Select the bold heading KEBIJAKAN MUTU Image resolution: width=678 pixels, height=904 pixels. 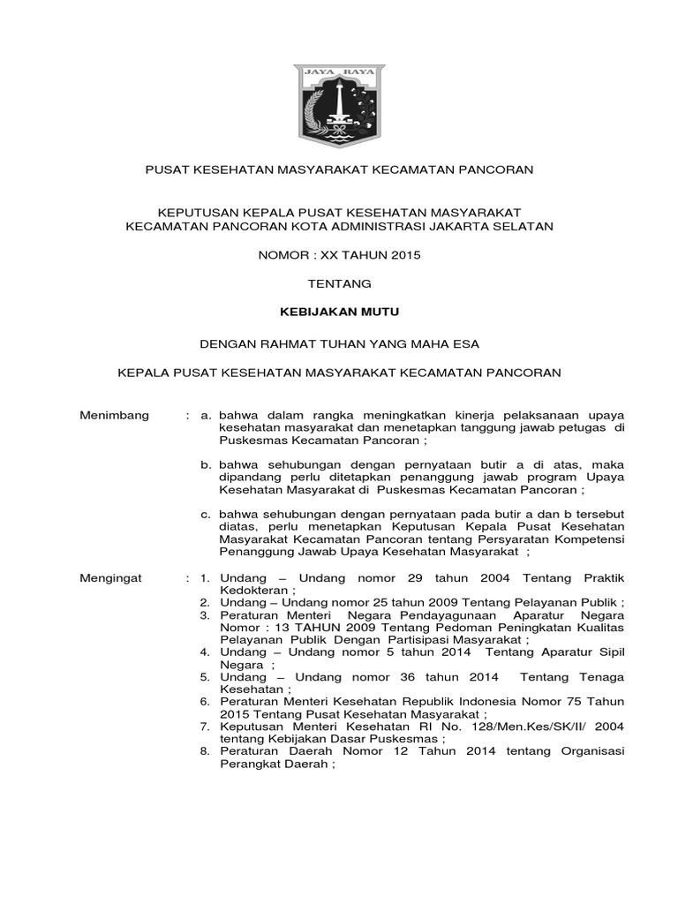340,312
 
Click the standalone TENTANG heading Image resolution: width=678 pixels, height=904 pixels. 339,283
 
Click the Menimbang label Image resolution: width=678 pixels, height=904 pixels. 115,415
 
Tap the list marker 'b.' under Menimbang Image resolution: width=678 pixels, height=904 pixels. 205,463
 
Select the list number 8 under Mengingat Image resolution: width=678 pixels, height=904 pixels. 203,752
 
